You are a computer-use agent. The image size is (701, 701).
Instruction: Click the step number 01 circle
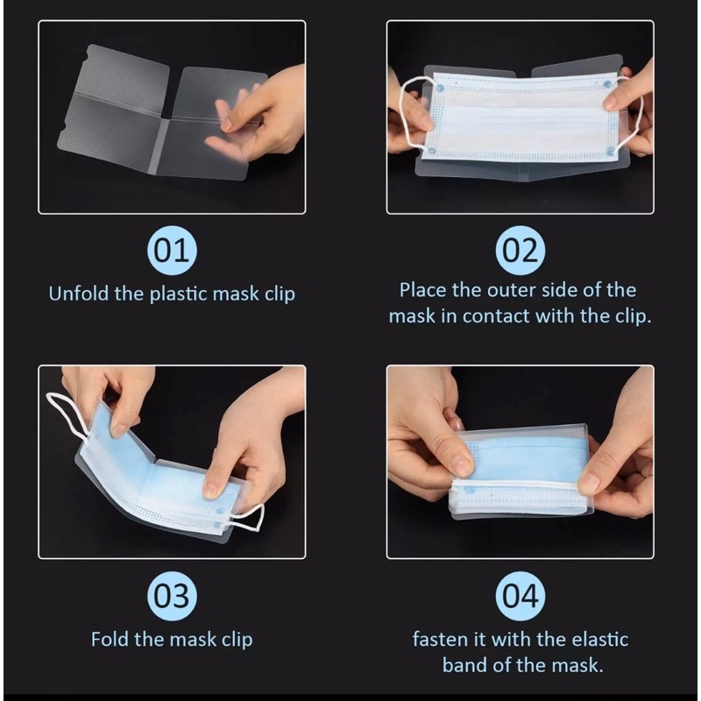click(x=172, y=251)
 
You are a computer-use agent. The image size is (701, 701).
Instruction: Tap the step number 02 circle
click(x=520, y=251)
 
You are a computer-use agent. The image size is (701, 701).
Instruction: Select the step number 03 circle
click(x=172, y=596)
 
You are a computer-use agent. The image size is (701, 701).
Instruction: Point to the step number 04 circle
click(x=520, y=596)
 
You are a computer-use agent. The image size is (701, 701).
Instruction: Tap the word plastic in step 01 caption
click(x=179, y=294)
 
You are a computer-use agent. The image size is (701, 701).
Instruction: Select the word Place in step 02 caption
click(x=422, y=290)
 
